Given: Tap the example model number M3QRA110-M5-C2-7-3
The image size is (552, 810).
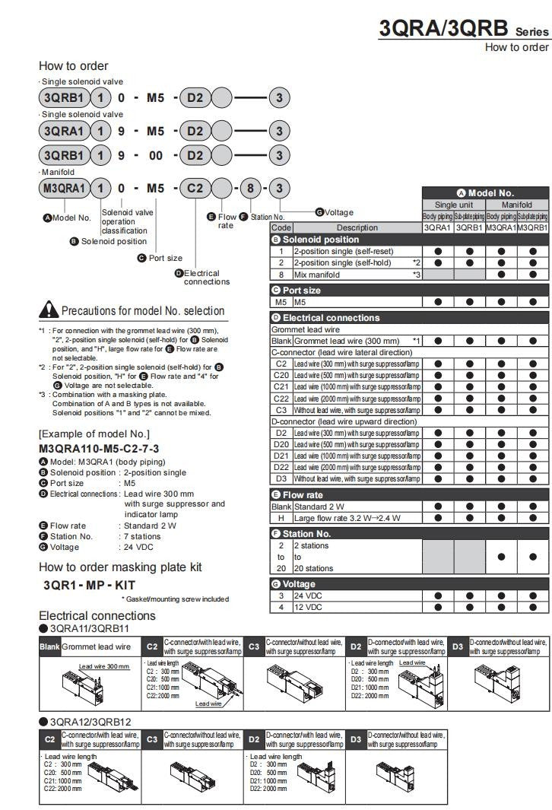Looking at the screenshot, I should [99, 449].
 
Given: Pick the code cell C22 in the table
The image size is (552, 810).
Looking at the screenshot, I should [281, 399].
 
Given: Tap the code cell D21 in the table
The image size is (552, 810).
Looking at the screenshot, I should [281, 456].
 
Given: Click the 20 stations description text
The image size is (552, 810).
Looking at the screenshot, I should [314, 568].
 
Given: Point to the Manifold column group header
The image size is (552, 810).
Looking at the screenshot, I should [517, 205].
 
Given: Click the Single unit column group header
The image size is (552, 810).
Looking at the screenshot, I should [454, 205].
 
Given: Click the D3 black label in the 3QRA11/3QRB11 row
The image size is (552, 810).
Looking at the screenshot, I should [458, 646].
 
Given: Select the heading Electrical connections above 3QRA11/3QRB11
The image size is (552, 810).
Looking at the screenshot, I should [97, 615].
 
